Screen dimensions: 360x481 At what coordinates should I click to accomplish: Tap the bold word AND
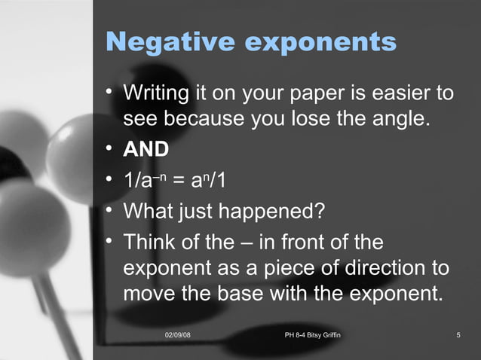click(x=146, y=149)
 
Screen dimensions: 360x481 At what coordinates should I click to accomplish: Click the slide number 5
click(x=458, y=334)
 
